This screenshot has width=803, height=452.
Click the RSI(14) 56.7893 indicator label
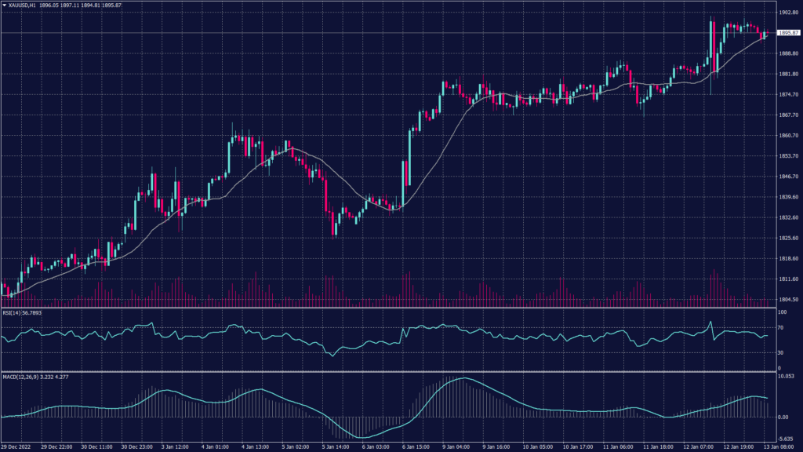[x=22, y=312]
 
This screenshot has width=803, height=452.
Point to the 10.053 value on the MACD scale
[x=786, y=377]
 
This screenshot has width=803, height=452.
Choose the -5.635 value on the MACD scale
[x=786, y=440]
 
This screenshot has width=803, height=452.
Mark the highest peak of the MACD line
[x=462, y=379]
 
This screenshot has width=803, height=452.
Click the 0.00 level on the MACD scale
[x=783, y=417]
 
